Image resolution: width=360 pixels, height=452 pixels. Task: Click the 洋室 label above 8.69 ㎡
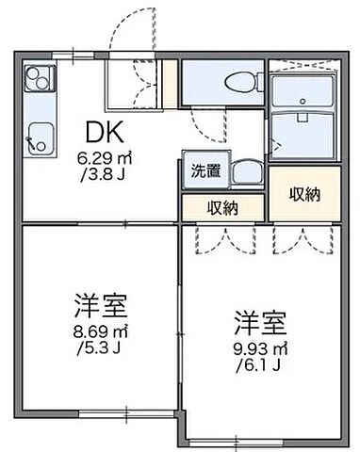[101, 307]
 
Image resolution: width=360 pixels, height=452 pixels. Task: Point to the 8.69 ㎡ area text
[101, 331]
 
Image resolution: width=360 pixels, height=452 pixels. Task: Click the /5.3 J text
[101, 347]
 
